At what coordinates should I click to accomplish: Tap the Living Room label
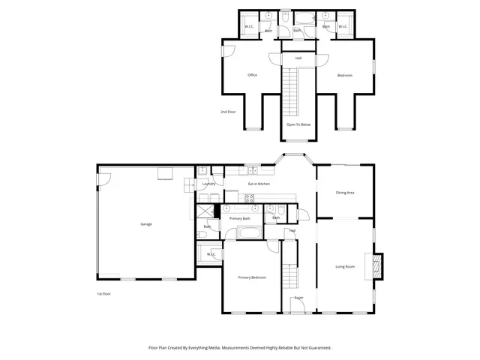[x=345, y=266]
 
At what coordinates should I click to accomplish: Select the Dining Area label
[x=345, y=193]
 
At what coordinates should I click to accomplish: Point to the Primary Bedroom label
[x=252, y=277]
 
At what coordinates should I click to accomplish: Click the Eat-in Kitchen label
[x=259, y=184]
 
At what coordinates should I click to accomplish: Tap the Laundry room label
[x=209, y=184]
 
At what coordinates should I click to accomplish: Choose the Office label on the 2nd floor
[x=253, y=75]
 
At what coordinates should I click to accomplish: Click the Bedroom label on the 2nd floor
[x=345, y=75]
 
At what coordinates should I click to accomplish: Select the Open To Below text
[x=298, y=124]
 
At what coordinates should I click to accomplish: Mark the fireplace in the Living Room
[x=377, y=266]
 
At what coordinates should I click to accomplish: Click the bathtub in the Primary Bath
[x=248, y=233]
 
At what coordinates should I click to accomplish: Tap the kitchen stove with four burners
[x=250, y=198]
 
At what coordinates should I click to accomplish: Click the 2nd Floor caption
[x=229, y=112]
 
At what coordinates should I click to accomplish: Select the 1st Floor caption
[x=104, y=293]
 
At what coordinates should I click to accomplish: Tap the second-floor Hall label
[x=298, y=58]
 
